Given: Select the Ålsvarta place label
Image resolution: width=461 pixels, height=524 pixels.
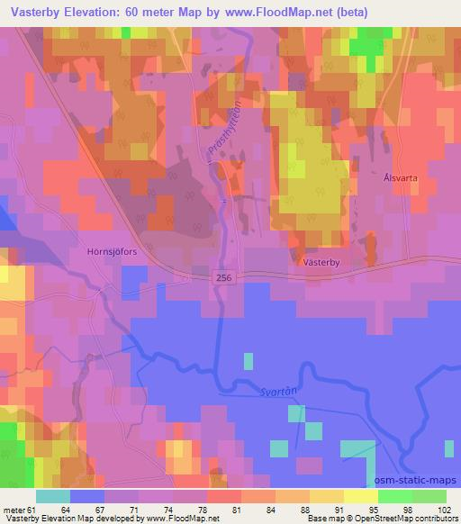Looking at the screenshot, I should click(x=393, y=178).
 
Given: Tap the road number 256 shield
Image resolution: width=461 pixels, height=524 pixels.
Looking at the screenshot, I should click(x=223, y=281).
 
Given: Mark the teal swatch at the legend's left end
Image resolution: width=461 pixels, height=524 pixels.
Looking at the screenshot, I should click(x=53, y=496).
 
